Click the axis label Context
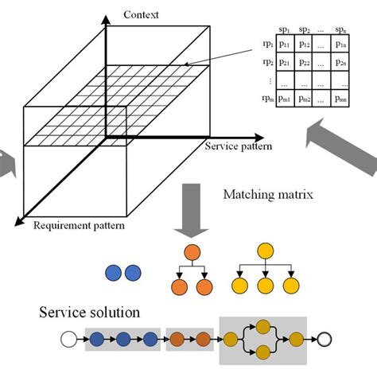click(x=142, y=15)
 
